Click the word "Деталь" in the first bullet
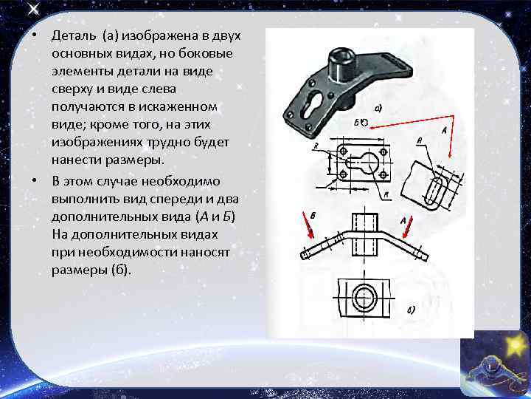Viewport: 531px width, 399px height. [x=71, y=36]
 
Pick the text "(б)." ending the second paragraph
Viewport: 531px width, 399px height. [x=121, y=269]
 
